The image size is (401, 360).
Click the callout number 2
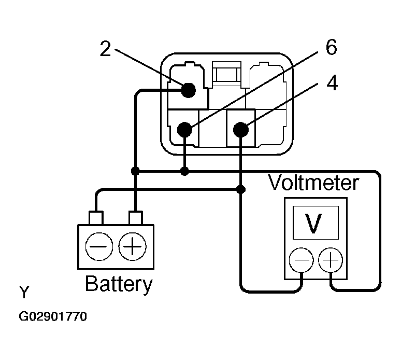pyautogui.click(x=105, y=49)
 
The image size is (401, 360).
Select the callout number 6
pyautogui.click(x=332, y=47)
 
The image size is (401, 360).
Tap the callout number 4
pyautogui.click(x=332, y=83)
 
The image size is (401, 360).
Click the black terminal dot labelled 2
pyautogui.click(x=189, y=90)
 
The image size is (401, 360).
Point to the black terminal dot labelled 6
pyautogui.click(x=184, y=129)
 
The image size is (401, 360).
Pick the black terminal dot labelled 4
pyautogui.click(x=241, y=129)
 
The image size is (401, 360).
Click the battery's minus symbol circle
pyautogui.click(x=99, y=246)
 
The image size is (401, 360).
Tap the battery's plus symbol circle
pyautogui.click(x=133, y=246)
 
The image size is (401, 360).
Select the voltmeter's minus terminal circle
pyautogui.click(x=302, y=260)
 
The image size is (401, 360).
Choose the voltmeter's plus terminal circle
pyautogui.click(x=331, y=260)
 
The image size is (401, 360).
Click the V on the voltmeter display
pyautogui.click(x=314, y=223)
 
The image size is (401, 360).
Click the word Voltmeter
pyautogui.click(x=313, y=183)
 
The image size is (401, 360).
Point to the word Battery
pyautogui.click(x=119, y=284)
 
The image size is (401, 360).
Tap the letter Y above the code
pyautogui.click(x=24, y=292)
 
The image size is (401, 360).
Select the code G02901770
pyautogui.click(x=53, y=316)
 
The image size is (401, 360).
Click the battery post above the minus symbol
pyautogui.click(x=96, y=218)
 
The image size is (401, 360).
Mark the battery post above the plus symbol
pyautogui.click(x=136, y=218)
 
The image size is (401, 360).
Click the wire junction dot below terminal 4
pyautogui.click(x=240, y=189)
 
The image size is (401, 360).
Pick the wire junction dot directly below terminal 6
pyautogui.click(x=184, y=171)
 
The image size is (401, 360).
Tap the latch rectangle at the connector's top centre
pyautogui.click(x=227, y=74)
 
